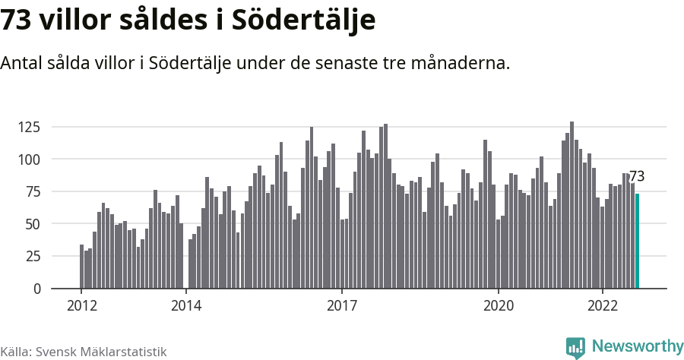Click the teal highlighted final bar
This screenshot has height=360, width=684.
(637, 242)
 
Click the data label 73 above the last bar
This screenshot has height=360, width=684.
(637, 176)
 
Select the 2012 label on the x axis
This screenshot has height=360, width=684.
(81, 306)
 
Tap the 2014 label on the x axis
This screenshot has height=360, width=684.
(186, 306)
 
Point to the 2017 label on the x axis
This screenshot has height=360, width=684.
(342, 306)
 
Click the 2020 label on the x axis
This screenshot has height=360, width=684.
(499, 306)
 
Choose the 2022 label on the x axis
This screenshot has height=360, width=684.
(603, 306)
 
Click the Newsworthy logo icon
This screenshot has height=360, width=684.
(575, 347)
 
